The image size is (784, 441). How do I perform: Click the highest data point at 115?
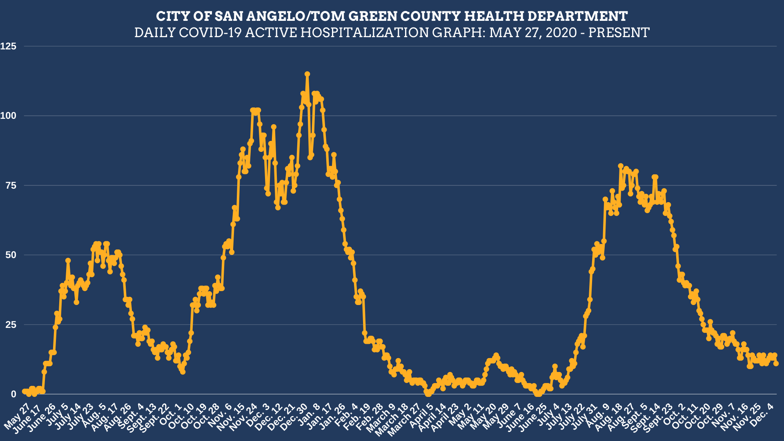coord(307,74)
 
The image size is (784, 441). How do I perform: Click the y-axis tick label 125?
coord(9,47)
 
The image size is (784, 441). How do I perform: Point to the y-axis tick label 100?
coord(9,116)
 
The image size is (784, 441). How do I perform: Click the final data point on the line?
coord(776,363)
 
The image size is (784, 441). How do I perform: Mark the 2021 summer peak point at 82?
coord(621,166)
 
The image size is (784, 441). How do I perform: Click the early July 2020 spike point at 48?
coord(68,261)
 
